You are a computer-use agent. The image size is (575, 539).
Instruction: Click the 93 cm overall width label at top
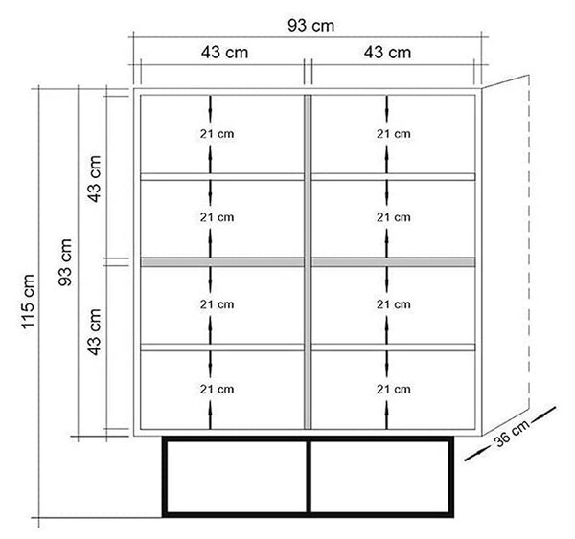tap(310, 26)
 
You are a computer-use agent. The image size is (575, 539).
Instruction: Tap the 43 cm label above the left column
tap(224, 53)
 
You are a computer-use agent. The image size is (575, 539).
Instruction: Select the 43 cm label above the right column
tap(387, 53)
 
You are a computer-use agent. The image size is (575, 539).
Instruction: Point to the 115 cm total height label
tap(28, 302)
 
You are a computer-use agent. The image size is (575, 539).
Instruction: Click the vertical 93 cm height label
tap(65, 262)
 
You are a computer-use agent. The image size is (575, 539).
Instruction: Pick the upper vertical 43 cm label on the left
tap(94, 178)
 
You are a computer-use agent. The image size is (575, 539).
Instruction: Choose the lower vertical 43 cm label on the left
tap(94, 331)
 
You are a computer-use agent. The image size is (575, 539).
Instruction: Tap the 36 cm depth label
tap(512, 433)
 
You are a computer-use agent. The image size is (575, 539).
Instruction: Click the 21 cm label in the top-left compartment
tap(218, 134)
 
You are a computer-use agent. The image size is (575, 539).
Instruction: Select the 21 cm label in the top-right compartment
tap(394, 134)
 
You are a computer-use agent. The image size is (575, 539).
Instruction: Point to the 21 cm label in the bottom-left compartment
tap(218, 389)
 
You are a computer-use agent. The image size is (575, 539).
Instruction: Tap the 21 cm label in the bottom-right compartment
tap(394, 389)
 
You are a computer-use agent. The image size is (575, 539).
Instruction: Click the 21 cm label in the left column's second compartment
tap(218, 217)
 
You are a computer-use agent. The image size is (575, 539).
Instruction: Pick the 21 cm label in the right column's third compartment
tap(394, 304)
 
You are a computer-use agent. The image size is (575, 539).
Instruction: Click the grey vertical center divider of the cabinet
tap(308, 261)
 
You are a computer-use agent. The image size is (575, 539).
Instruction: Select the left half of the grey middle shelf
tap(222, 262)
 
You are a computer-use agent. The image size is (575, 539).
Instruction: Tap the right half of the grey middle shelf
tap(394, 262)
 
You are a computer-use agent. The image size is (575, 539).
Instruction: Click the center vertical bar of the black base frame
tap(309, 477)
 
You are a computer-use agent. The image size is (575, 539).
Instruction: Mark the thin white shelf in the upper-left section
tap(222, 176)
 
